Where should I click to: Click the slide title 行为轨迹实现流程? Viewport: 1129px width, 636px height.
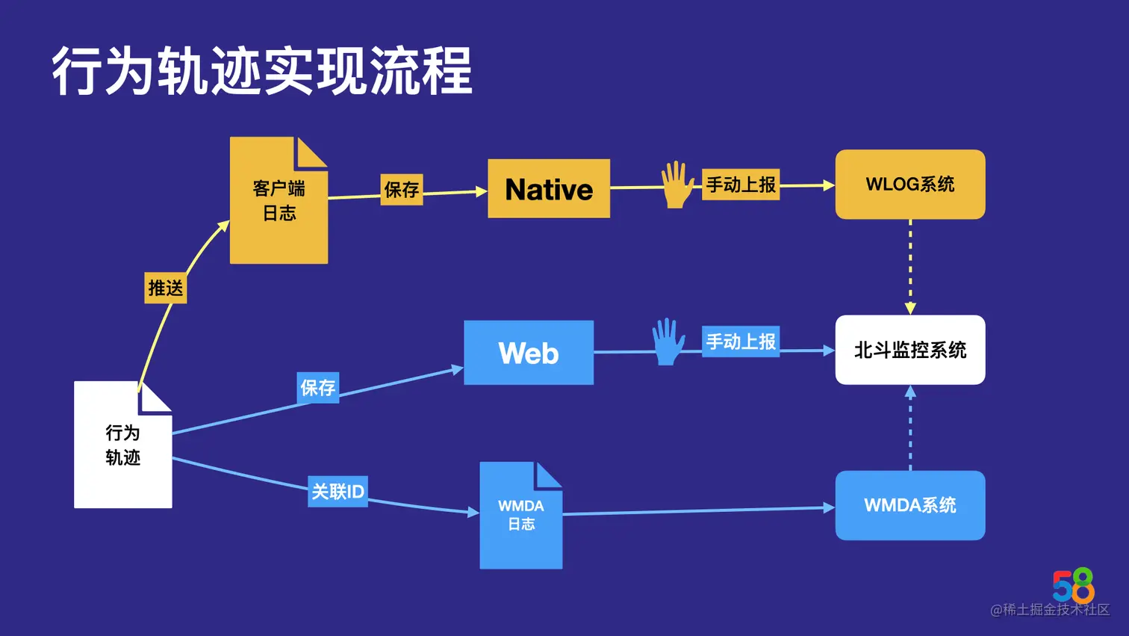tap(261, 71)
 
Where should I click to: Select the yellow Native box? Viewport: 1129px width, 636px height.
tap(549, 189)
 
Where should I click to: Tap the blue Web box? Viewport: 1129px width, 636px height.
tap(529, 353)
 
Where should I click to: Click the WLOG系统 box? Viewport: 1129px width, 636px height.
tap(909, 185)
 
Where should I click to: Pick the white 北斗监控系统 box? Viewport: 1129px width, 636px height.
tap(909, 350)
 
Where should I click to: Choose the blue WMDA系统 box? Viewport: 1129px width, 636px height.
tap(909, 505)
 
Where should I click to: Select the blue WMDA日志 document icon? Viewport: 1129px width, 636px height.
tap(520, 516)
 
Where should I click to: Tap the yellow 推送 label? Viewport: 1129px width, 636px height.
tap(165, 288)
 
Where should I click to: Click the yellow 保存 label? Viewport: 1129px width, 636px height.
tap(402, 190)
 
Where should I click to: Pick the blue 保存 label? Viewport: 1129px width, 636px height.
tap(318, 388)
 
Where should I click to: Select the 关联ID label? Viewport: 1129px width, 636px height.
tap(338, 492)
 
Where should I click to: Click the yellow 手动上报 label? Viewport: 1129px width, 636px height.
tap(741, 185)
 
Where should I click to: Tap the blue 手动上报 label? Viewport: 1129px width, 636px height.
tap(741, 342)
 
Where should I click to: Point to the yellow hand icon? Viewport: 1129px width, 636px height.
tap(677, 185)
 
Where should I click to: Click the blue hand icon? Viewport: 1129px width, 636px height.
tap(668, 342)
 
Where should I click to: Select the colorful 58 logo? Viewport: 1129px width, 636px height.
tap(1073, 585)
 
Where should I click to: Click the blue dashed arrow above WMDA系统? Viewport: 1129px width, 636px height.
tap(910, 427)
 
